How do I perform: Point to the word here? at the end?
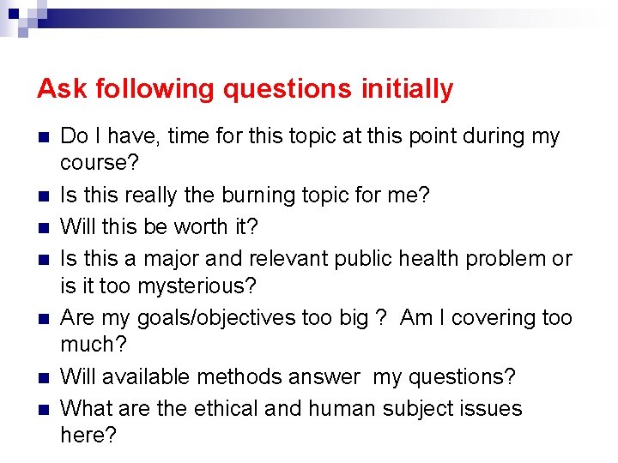coord(88,435)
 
